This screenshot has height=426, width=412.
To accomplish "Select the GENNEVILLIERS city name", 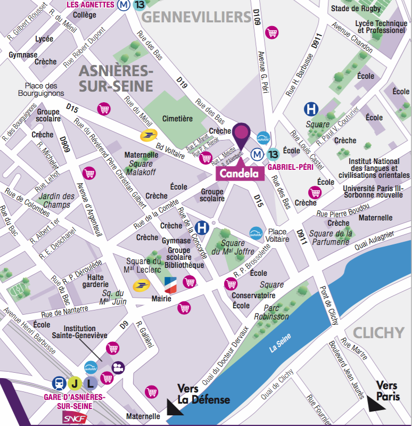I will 196,17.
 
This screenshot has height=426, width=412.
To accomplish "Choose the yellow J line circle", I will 75,382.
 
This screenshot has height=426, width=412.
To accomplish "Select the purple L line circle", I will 91,382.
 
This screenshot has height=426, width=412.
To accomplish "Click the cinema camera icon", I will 118,367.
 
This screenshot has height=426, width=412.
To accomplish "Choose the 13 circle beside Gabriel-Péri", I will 274,154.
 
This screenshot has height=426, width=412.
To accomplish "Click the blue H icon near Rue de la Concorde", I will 202,227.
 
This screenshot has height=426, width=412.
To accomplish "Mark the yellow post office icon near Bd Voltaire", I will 147,136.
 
